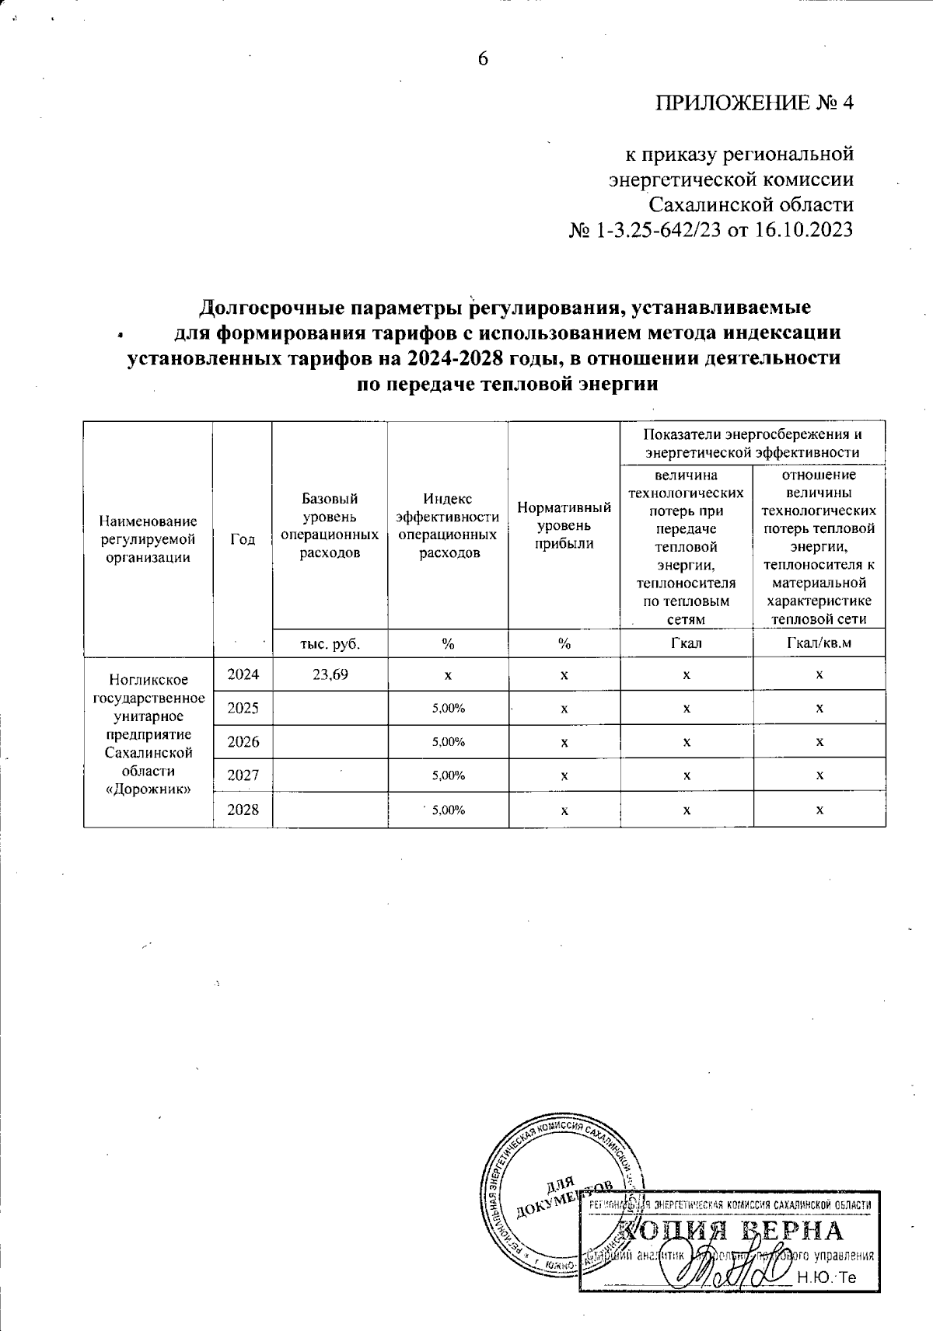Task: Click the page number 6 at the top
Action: [483, 59]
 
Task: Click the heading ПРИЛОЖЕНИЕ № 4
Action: [755, 103]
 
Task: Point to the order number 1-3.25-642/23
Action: [658, 231]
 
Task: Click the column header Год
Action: [243, 538]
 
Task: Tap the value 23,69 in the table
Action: [330, 674]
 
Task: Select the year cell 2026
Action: [243, 741]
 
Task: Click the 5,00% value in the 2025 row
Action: [448, 708]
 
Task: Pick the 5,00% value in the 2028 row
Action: [448, 810]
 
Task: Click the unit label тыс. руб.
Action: [330, 643]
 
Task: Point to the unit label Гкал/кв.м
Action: [819, 643]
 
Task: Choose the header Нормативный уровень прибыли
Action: [564, 525]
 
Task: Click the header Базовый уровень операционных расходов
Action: [330, 525]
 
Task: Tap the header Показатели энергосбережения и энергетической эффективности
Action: [752, 443]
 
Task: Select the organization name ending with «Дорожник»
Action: [149, 734]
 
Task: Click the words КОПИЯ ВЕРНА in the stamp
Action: [731, 1232]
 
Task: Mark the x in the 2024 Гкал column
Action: [686, 674]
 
